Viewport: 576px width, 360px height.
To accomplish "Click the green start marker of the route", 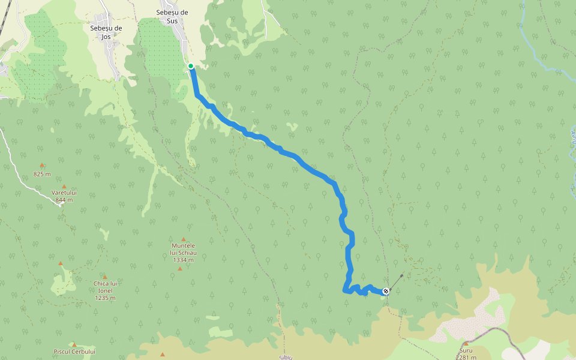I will [191, 66].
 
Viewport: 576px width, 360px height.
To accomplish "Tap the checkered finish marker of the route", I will [386, 291].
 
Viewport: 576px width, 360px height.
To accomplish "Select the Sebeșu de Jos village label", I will [106, 32].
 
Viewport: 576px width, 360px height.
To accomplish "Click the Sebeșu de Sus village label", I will [172, 16].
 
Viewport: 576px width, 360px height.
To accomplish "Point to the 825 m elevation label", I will [42, 175].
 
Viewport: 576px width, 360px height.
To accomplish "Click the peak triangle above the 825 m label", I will [42, 165].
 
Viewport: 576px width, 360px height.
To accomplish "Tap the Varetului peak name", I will [64, 193].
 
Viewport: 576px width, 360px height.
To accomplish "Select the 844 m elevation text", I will [64, 200].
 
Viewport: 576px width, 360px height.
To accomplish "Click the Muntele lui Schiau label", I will [184, 249].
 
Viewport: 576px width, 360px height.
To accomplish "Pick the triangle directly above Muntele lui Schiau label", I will [184, 239].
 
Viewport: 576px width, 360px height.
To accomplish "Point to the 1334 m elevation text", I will [182, 260].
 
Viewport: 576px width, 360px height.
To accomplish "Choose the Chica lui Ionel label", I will [104, 287].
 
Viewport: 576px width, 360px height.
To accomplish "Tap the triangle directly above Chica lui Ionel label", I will [104, 277].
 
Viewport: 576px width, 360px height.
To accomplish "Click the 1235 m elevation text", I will [104, 298].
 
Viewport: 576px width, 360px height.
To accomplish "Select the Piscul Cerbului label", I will [74, 352].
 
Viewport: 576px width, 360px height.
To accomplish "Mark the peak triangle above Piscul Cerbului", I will [74, 344].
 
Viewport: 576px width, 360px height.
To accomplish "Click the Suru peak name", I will [466, 350].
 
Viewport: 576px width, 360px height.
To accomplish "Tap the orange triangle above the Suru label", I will [466, 343].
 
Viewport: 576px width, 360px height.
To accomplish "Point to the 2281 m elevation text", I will [466, 357].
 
